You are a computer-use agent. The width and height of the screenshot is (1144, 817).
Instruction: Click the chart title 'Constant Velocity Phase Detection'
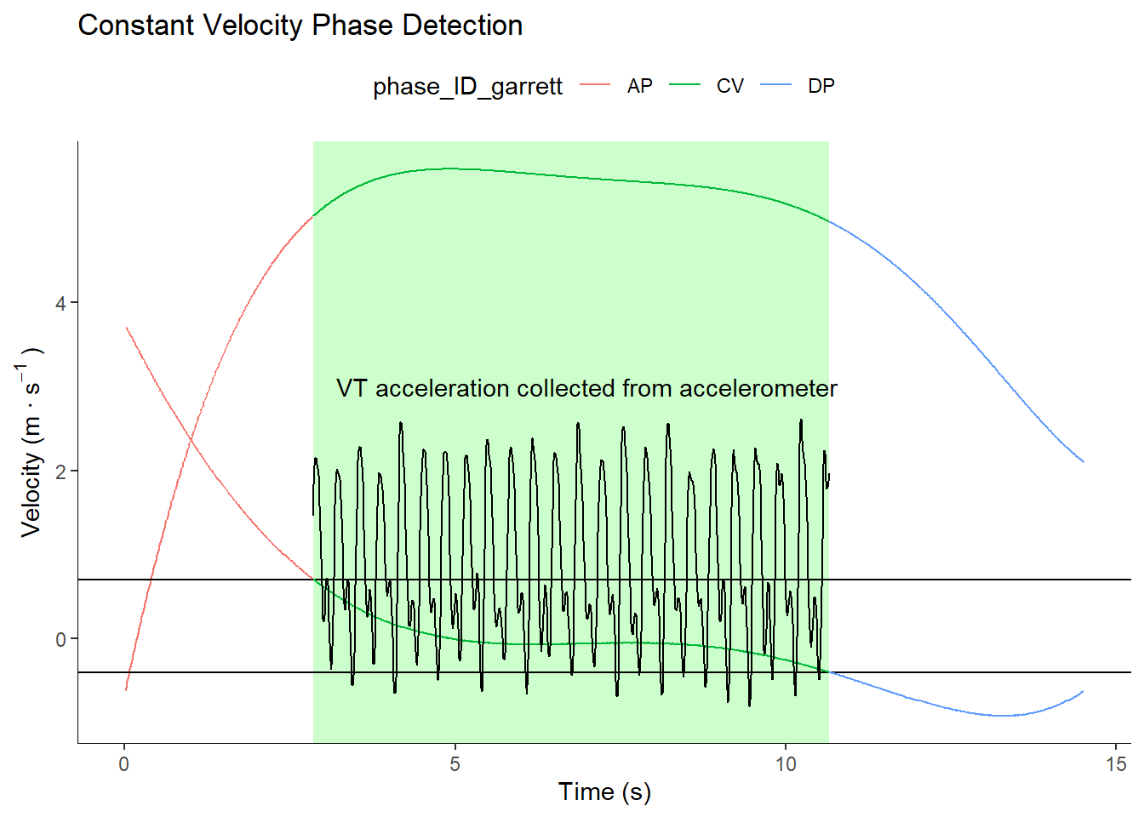click(x=300, y=26)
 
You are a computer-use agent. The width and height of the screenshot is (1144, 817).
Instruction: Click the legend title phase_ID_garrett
click(x=467, y=86)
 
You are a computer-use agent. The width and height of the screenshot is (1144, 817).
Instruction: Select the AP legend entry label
click(x=639, y=86)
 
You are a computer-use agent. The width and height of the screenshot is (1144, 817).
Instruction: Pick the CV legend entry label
click(x=730, y=86)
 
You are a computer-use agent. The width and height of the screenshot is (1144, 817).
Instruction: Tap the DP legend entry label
click(x=821, y=86)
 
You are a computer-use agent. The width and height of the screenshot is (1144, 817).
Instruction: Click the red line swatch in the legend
click(x=595, y=85)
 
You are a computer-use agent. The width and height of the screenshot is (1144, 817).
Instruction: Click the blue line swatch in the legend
click(x=775, y=85)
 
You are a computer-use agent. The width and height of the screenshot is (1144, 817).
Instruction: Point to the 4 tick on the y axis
click(x=60, y=303)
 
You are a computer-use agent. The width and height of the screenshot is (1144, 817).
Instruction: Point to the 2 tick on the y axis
click(x=60, y=471)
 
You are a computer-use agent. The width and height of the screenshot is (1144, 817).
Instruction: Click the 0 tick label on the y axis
click(x=60, y=640)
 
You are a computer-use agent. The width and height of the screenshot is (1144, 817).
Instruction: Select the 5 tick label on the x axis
click(x=455, y=764)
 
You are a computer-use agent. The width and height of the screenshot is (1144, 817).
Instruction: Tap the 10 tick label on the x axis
click(x=786, y=764)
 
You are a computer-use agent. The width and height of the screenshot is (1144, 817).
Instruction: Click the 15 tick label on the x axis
click(x=1116, y=764)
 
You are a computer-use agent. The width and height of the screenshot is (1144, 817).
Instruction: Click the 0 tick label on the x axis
click(x=124, y=764)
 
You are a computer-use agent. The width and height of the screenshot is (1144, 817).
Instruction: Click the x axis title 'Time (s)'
click(x=604, y=792)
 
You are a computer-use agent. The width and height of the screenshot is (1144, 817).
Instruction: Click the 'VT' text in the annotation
click(x=352, y=389)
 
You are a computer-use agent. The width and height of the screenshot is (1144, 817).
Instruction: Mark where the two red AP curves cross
click(x=191, y=439)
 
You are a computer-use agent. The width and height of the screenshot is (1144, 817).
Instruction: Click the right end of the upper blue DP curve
click(x=1083, y=461)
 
